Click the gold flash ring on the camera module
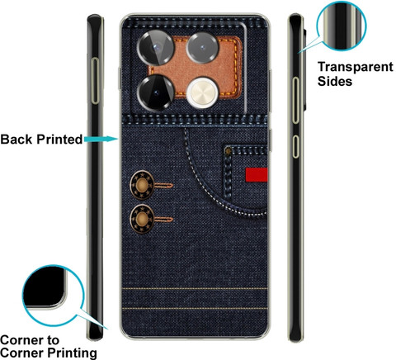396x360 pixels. (x=203, y=92)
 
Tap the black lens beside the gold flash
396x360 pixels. (x=156, y=92)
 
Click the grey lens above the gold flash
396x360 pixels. (x=202, y=48)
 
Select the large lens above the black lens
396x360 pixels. (x=156, y=48)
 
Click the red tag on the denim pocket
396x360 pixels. (x=257, y=175)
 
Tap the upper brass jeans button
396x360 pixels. (x=142, y=185)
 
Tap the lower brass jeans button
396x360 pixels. (x=142, y=219)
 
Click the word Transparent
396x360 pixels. (x=356, y=67)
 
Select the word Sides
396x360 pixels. (x=335, y=81)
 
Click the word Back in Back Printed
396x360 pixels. (x=16, y=140)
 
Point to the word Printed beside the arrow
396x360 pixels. (x=59, y=140)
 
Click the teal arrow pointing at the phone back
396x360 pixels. (x=101, y=139)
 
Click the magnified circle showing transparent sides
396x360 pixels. (x=342, y=26)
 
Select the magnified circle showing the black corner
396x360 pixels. (x=53, y=296)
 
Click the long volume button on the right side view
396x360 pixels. (x=295, y=101)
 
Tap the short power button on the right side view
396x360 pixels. (x=295, y=146)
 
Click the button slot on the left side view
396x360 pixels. (x=95, y=81)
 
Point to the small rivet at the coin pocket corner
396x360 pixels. (x=229, y=151)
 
